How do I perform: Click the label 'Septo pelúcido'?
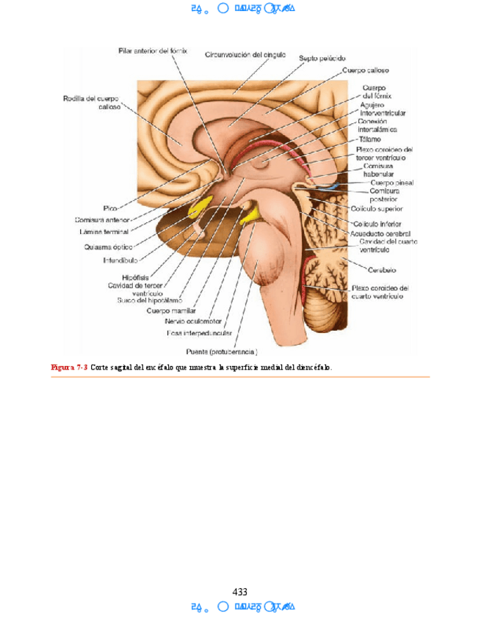pyautogui.click(x=322, y=58)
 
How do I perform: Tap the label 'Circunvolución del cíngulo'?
pyautogui.click(x=245, y=54)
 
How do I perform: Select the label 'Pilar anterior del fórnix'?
pyautogui.click(x=153, y=51)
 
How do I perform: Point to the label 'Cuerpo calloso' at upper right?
pyautogui.click(x=366, y=70)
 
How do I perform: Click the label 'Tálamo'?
pyautogui.click(x=370, y=139)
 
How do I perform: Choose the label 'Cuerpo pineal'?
pyautogui.click(x=392, y=182)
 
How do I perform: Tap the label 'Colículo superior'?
pyautogui.click(x=380, y=208)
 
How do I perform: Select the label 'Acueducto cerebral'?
pyautogui.click(x=380, y=233)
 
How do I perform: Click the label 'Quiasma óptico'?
pyautogui.click(x=107, y=247)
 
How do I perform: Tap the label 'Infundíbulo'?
pyautogui.click(x=120, y=260)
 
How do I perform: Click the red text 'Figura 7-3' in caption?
pyautogui.click(x=69, y=367)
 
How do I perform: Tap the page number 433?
pyautogui.click(x=239, y=592)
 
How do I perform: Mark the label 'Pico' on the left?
pyautogui.click(x=111, y=208)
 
